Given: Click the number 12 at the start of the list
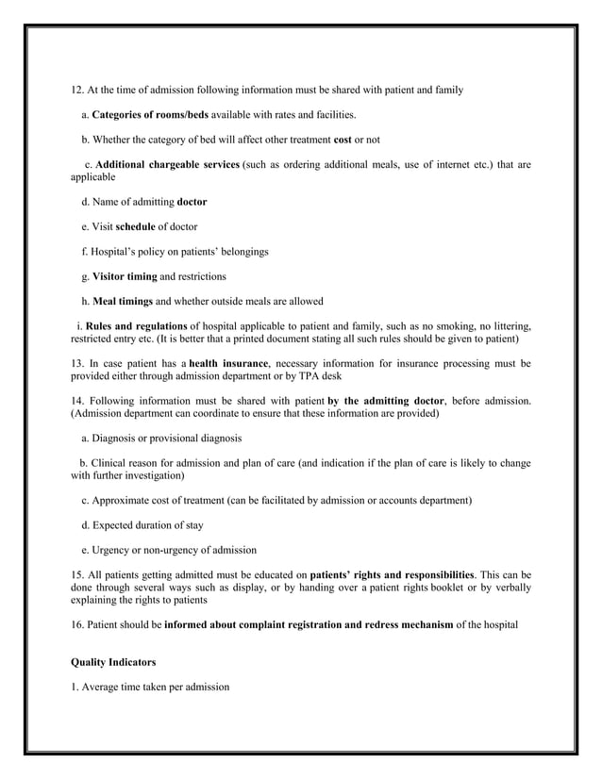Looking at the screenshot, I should [x=77, y=91].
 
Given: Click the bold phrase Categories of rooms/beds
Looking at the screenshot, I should [x=150, y=115].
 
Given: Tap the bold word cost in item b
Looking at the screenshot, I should [x=343, y=140].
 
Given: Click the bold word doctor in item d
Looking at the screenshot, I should [x=192, y=202].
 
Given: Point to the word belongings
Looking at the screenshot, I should [x=241, y=252].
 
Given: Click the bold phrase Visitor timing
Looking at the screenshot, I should [x=123, y=277].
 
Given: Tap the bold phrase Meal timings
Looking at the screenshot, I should [x=122, y=302].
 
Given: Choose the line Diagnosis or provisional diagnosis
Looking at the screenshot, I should [x=160, y=438].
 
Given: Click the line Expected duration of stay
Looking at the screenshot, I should [x=142, y=525].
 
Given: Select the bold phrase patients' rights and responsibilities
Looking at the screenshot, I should [x=392, y=574].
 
